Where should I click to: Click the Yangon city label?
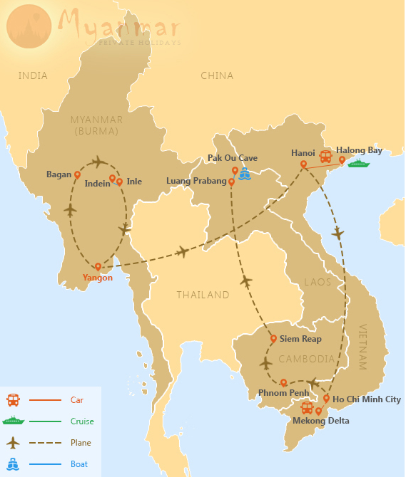point(97,278)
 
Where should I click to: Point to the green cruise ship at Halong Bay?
point(359,164)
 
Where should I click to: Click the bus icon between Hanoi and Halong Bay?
point(325,157)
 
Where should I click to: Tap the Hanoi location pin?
point(303,164)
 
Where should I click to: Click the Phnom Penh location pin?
point(283,382)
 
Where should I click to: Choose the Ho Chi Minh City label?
point(367,399)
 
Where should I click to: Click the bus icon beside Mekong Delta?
point(307,408)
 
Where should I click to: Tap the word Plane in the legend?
point(81,443)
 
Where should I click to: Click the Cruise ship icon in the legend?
point(13,421)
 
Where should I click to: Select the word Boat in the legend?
point(80,464)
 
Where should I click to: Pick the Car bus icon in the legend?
point(13,400)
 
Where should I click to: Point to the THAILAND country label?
point(203,295)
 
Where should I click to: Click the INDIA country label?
point(33,75)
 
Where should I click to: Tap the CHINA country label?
point(217,75)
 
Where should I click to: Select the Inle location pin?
point(119,182)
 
